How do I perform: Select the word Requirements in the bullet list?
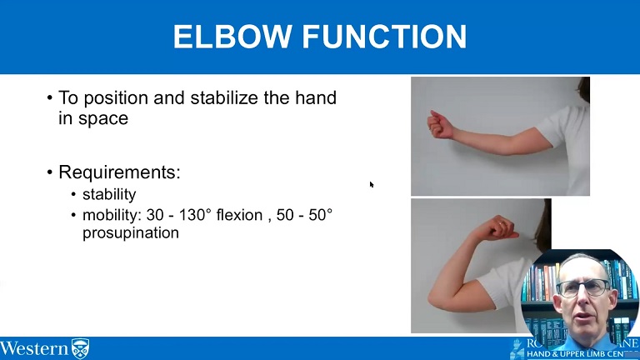click(118, 172)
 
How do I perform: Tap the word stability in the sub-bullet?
click(108, 195)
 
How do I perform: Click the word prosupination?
click(130, 233)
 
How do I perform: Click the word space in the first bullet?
click(103, 118)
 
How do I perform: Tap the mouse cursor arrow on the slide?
click(372, 184)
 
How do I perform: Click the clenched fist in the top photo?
click(439, 125)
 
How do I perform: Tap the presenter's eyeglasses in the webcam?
click(582, 288)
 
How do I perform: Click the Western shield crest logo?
click(80, 348)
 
